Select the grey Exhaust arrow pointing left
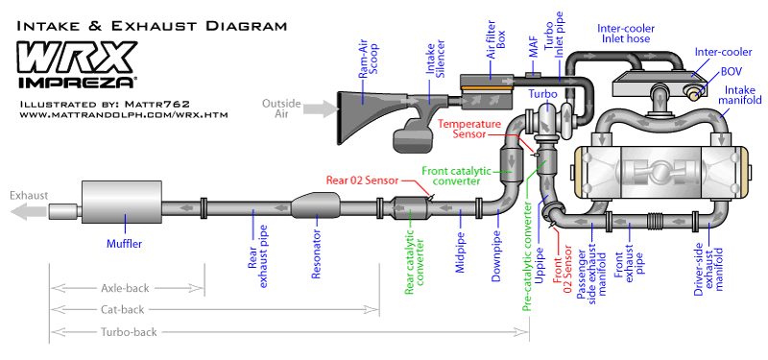coord(29,212)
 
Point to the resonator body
coord(316,205)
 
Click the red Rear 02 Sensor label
coord(363,180)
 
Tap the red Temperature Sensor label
coord(469,130)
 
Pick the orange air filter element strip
coord(487,88)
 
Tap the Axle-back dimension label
coord(125,288)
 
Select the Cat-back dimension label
coord(123,309)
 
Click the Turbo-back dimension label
coord(129,332)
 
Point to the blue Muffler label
coord(125,244)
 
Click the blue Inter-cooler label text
coord(717,52)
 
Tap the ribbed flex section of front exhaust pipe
coord(658,222)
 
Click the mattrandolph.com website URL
coord(124,115)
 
